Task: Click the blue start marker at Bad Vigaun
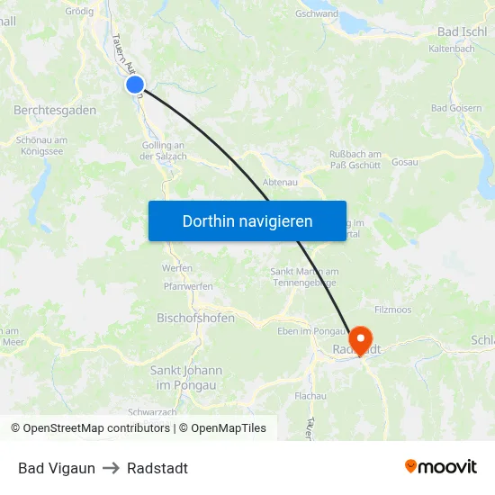pyautogui.click(x=134, y=85)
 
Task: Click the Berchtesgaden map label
pyautogui.click(x=55, y=110)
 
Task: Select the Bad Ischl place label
pyautogui.click(x=462, y=31)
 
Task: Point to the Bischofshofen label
pyautogui.click(x=196, y=319)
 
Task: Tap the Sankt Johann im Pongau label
pyautogui.click(x=186, y=378)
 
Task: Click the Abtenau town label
pyautogui.click(x=280, y=182)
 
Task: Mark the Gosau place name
pyautogui.click(x=405, y=162)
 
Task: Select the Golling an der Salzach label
pyautogui.click(x=163, y=151)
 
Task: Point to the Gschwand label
pyautogui.click(x=317, y=14)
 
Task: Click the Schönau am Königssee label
pyautogui.click(x=41, y=146)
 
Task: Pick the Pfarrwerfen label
pyautogui.click(x=188, y=286)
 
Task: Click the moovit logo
pyautogui.click(x=440, y=467)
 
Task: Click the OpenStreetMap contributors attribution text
pyautogui.click(x=94, y=428)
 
